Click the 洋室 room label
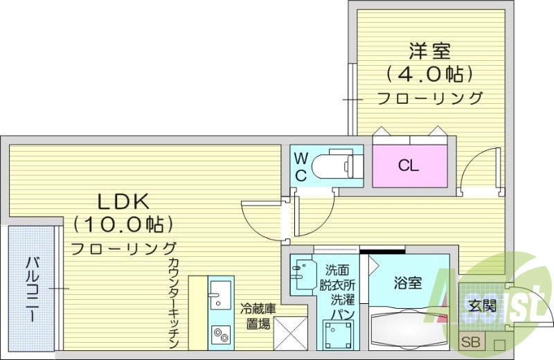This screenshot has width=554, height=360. click(x=429, y=51)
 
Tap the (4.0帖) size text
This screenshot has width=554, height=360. click(x=429, y=73)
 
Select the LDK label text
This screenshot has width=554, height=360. click(x=123, y=201)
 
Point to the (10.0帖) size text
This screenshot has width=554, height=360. click(x=123, y=224)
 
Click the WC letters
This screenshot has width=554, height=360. click(x=301, y=166)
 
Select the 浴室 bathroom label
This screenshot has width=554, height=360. click(x=408, y=283)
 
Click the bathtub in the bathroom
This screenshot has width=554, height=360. click(x=409, y=327)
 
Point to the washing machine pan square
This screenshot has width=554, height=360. click(x=337, y=335)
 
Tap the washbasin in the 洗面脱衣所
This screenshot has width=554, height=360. click(x=302, y=274)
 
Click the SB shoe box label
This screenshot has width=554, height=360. click(x=470, y=341)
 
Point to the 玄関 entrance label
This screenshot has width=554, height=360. click(x=482, y=305)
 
